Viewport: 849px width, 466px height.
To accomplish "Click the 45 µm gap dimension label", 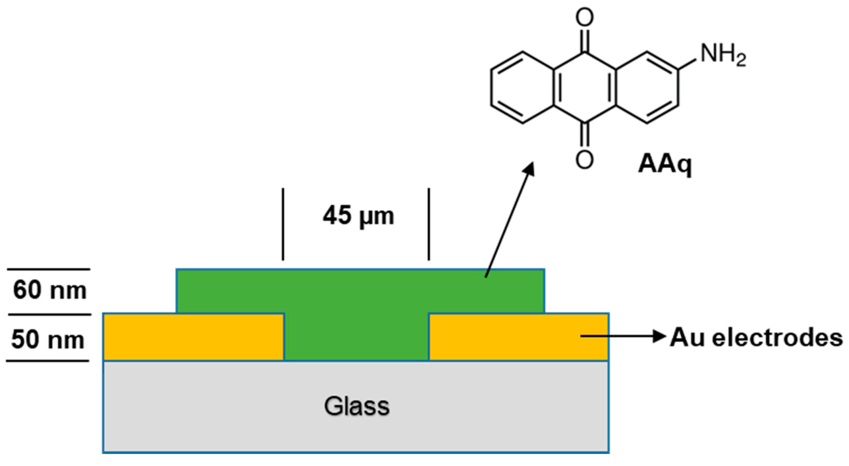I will [358, 216].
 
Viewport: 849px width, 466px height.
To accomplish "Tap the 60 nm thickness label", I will [50, 290].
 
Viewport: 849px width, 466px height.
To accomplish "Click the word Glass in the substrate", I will [356, 406].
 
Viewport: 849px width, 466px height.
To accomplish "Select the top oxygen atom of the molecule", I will [585, 17].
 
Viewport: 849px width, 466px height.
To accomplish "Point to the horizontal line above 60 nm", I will [49, 269].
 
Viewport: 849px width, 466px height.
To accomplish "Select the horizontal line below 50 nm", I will [47, 361].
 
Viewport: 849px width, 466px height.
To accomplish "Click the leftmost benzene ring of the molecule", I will [523, 88].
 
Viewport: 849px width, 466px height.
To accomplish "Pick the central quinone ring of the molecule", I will [585, 88].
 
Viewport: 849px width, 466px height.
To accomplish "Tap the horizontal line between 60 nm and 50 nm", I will [50, 314].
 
